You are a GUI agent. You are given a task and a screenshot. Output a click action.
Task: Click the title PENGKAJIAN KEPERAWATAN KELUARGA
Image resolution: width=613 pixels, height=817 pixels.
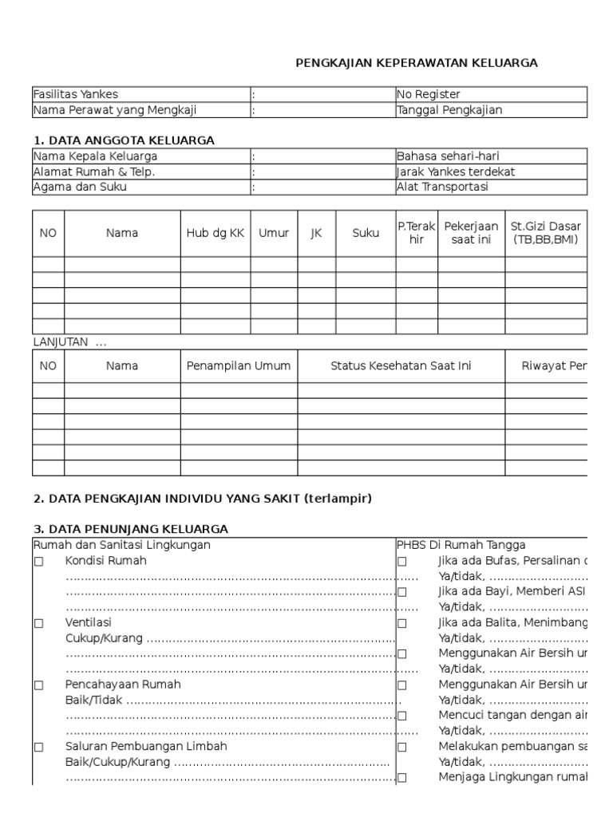[x=417, y=63]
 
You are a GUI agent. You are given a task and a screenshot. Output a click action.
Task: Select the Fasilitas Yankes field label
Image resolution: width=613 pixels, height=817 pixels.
[x=76, y=94]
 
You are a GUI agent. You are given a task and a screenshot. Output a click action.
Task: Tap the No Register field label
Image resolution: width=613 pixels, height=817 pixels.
[x=429, y=94]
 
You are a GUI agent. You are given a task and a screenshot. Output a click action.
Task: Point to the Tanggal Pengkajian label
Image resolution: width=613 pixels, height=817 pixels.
[x=450, y=110]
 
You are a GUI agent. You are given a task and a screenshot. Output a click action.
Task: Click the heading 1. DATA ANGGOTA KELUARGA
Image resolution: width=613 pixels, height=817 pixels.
[x=124, y=140]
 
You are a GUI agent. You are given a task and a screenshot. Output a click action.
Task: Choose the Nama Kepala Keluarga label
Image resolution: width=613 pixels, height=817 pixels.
[x=95, y=156]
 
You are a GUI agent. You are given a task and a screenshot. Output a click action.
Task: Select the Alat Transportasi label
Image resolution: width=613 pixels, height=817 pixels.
[x=443, y=187]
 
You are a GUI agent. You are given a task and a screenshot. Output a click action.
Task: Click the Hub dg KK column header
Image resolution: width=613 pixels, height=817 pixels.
[x=215, y=233]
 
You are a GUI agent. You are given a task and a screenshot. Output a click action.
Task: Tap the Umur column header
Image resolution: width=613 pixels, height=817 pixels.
[x=273, y=233]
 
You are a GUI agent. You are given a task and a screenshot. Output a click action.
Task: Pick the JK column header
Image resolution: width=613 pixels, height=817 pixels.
[x=315, y=233]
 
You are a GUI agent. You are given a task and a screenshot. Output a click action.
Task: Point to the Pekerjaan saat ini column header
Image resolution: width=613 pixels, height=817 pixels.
[x=470, y=233]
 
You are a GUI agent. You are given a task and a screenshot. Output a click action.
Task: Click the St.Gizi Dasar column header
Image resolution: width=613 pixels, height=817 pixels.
[x=547, y=233]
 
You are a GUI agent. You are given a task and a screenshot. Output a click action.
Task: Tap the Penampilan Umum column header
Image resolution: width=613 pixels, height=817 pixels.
[x=239, y=365]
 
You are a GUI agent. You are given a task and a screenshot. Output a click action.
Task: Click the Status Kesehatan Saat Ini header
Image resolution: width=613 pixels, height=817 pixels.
[x=401, y=365]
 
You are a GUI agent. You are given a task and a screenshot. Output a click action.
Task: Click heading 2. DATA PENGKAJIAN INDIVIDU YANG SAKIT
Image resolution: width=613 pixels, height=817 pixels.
[x=203, y=499]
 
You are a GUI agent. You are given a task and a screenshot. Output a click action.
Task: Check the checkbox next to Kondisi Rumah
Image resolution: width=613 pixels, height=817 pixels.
[x=38, y=561]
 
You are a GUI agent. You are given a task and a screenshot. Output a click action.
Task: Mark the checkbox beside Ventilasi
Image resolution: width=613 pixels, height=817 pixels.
[x=38, y=622]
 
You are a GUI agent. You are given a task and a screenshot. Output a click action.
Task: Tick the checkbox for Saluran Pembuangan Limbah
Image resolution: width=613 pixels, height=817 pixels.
[x=38, y=746]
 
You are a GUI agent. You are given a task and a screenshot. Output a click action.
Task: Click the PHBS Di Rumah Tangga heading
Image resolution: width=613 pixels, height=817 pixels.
[x=461, y=545]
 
